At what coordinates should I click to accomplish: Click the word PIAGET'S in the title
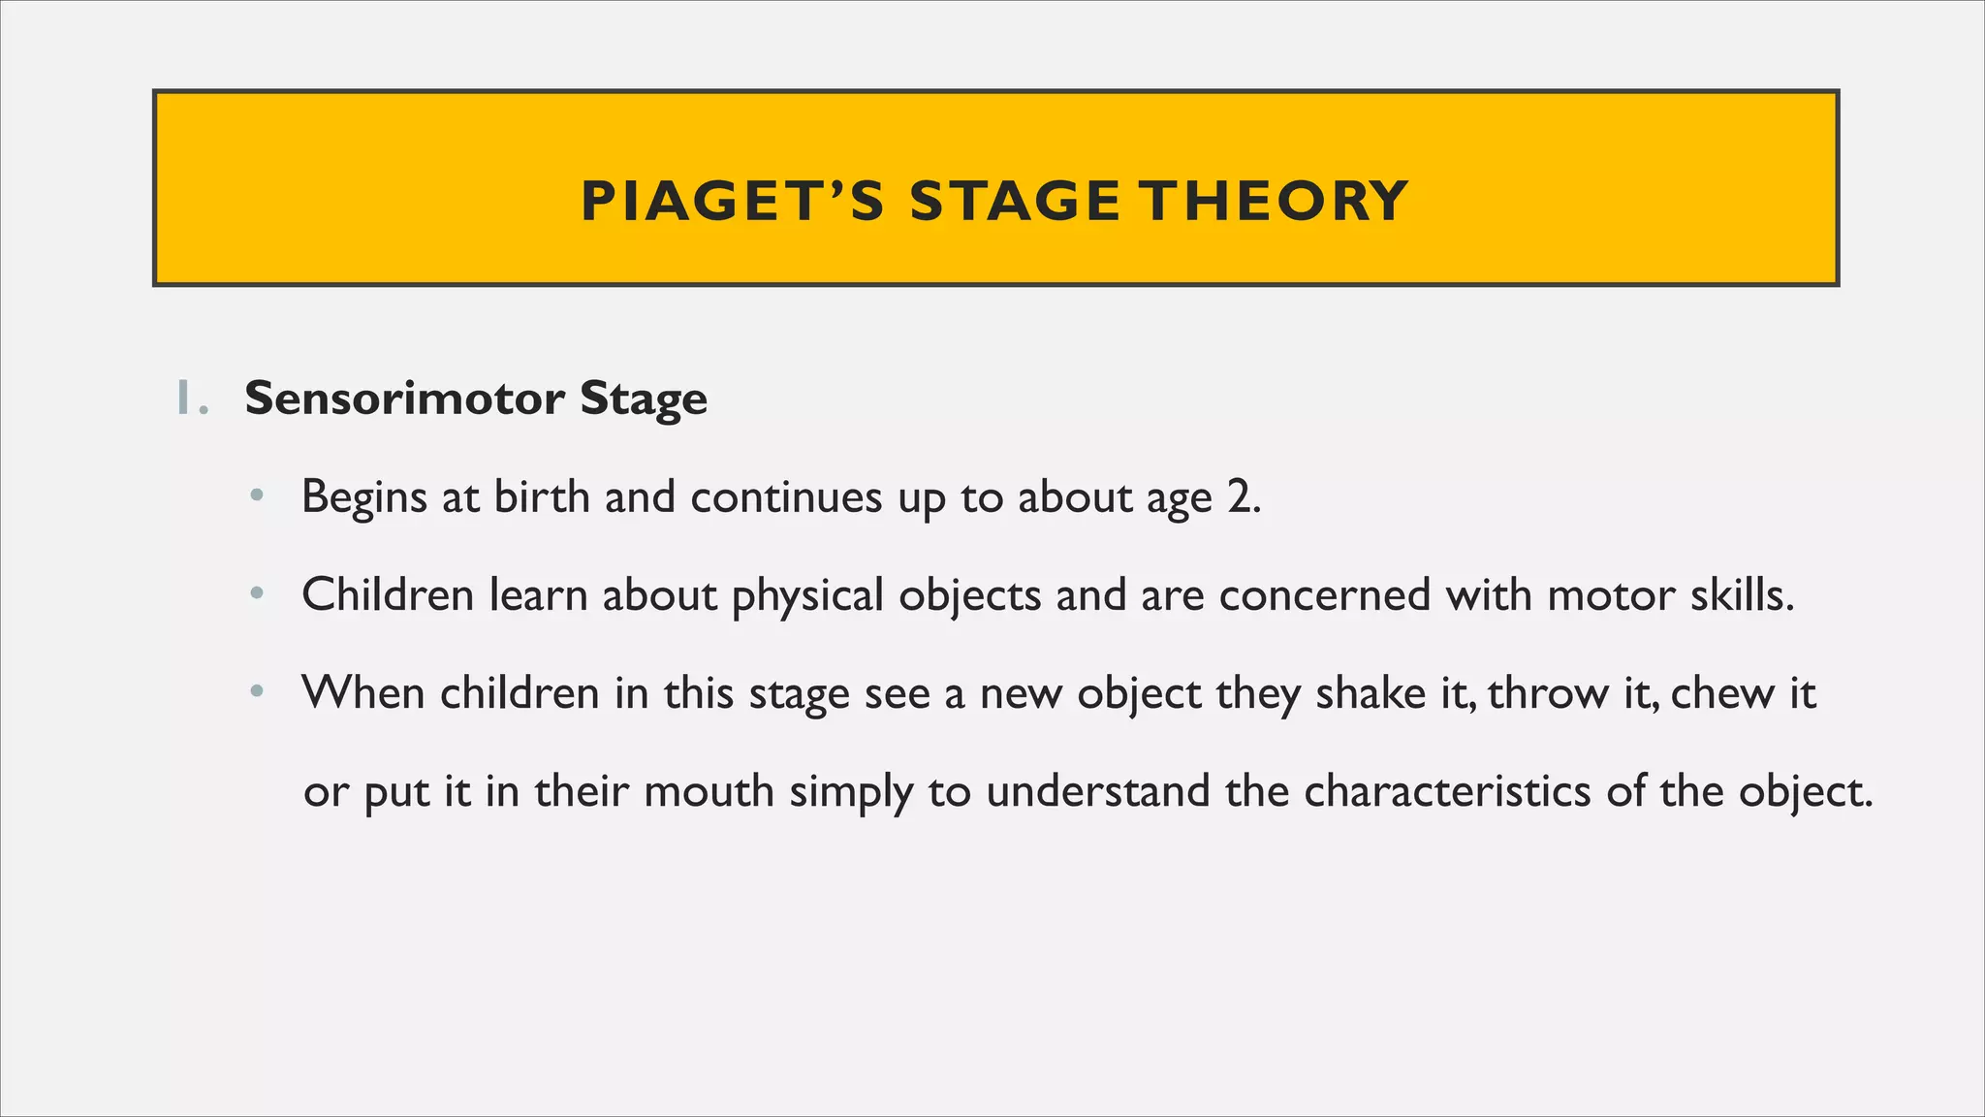(x=733, y=202)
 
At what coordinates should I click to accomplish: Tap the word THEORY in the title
(x=1274, y=202)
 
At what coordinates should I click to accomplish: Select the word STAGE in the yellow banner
(x=1015, y=202)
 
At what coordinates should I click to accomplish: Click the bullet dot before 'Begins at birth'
(x=256, y=495)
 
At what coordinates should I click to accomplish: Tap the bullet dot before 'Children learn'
(x=256, y=593)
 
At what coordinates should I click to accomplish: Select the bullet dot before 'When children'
(x=256, y=692)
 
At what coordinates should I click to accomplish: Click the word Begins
(x=363, y=497)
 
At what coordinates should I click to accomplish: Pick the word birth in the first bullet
(x=542, y=496)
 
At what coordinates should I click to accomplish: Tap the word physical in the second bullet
(x=807, y=595)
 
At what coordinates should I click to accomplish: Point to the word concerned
(x=1324, y=594)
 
